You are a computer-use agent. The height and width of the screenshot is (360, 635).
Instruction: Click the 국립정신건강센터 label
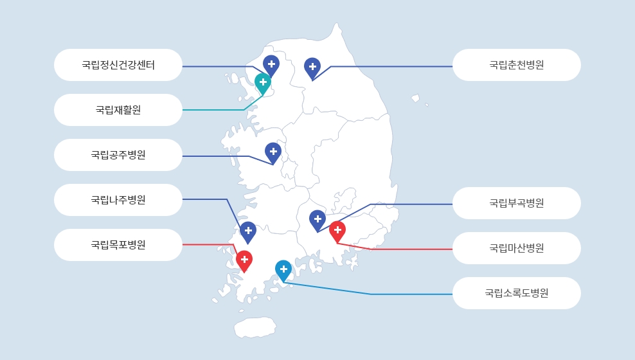(118, 65)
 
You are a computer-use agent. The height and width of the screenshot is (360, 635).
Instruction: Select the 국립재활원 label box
(118, 110)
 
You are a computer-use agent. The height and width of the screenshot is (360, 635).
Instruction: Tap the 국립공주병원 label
(118, 155)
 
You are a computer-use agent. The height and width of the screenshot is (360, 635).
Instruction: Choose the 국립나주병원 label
(118, 200)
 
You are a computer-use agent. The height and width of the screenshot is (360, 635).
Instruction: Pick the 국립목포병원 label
(118, 244)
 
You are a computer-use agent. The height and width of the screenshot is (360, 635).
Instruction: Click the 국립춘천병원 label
(516, 65)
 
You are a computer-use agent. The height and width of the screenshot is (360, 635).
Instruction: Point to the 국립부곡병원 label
(516, 203)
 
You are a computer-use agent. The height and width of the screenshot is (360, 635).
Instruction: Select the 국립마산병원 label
(516, 248)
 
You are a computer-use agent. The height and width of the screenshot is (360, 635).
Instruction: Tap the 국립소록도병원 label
(516, 292)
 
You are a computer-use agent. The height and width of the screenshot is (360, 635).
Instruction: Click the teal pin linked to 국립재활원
(263, 84)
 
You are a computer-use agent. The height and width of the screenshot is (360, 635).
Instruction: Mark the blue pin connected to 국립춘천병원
(312, 68)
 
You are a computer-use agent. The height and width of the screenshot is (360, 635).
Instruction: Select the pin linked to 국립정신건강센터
(271, 66)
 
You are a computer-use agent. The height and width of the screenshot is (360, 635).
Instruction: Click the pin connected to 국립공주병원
(273, 153)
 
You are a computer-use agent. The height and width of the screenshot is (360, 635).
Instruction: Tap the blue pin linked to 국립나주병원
(248, 232)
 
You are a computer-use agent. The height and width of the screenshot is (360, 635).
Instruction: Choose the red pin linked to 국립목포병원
(244, 261)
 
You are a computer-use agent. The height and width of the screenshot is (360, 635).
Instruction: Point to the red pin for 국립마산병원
(337, 231)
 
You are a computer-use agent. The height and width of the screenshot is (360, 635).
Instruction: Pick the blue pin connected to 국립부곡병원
(317, 221)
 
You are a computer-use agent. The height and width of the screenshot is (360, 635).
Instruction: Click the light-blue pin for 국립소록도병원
(283, 271)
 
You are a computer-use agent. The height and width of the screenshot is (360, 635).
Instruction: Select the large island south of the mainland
(255, 327)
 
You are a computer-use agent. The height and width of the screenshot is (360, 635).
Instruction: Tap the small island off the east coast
(415, 98)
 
